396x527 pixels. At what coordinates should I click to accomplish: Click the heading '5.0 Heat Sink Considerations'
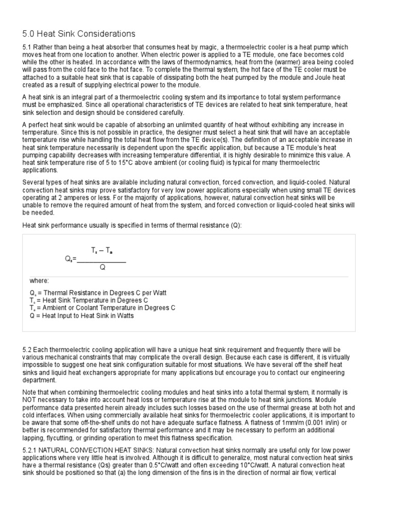[x=79, y=34]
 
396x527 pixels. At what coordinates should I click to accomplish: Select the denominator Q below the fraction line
[x=102, y=267]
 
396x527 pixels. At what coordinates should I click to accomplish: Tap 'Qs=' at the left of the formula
[x=71, y=259]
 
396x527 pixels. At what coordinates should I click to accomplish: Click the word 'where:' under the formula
[x=39, y=280]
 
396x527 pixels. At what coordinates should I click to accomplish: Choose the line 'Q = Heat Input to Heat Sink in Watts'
[x=81, y=315]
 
